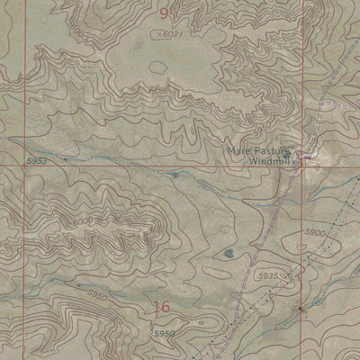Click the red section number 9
pyautogui.click(x=164, y=13)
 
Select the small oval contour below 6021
pyautogui.click(x=159, y=67)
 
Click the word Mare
pyautogui.click(x=237, y=149)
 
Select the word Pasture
pyautogui.click(x=271, y=149)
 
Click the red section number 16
pyautogui.click(x=161, y=308)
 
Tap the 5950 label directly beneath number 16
pyautogui.click(x=164, y=334)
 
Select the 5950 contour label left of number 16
pyautogui.click(x=98, y=294)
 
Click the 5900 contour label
pyautogui.click(x=315, y=232)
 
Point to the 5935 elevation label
pyautogui.click(x=268, y=274)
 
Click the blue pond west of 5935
pyautogui.click(x=233, y=253)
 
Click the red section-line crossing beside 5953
pyautogui.click(x=24, y=166)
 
